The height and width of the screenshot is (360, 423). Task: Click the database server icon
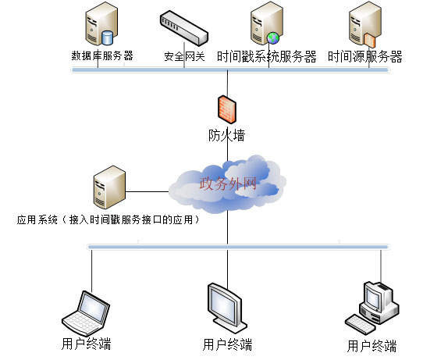coord(101,23)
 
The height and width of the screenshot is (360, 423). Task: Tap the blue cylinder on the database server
coord(107,38)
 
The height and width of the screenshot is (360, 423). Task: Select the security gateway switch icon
coord(184,28)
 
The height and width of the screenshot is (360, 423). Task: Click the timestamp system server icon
coord(267,23)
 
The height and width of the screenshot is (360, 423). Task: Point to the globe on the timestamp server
coord(273,38)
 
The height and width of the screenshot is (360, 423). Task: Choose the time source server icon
coord(365,24)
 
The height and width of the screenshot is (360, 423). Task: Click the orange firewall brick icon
coord(227,109)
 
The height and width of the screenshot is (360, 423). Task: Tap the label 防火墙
coord(226,135)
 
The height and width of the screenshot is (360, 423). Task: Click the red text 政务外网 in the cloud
coord(228,184)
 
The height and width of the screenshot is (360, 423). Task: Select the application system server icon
coord(109,187)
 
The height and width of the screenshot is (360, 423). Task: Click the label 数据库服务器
coord(102,55)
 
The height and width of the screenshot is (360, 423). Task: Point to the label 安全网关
coord(184,56)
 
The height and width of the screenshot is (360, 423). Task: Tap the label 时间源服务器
coord(365,57)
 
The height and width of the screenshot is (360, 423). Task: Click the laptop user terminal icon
coord(86,312)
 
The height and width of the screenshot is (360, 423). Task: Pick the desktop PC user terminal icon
coord(372,308)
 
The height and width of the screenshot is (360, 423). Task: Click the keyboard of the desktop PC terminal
coord(360,325)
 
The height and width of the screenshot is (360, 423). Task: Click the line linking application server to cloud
coord(148,192)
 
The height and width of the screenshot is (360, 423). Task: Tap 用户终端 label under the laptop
coord(86,344)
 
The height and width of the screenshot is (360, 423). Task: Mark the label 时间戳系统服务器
coord(267,57)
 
